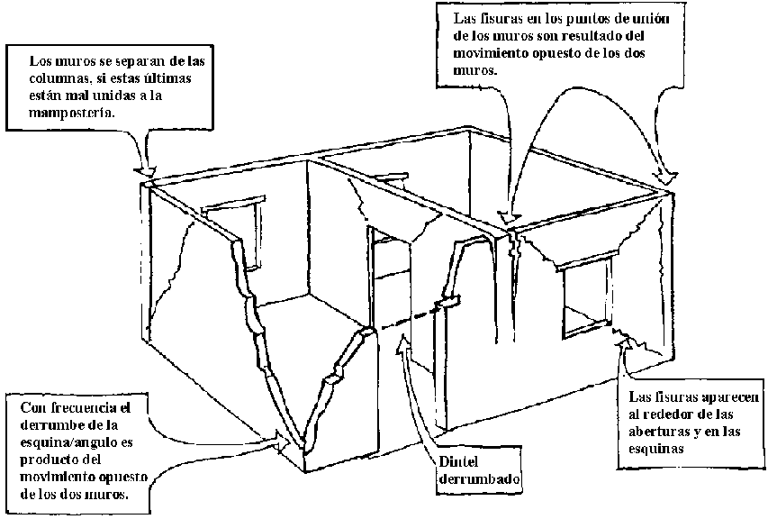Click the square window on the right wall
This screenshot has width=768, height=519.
point(586,301)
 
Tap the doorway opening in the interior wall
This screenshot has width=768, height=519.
point(389,288)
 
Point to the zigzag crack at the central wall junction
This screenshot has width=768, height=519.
point(514,241)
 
